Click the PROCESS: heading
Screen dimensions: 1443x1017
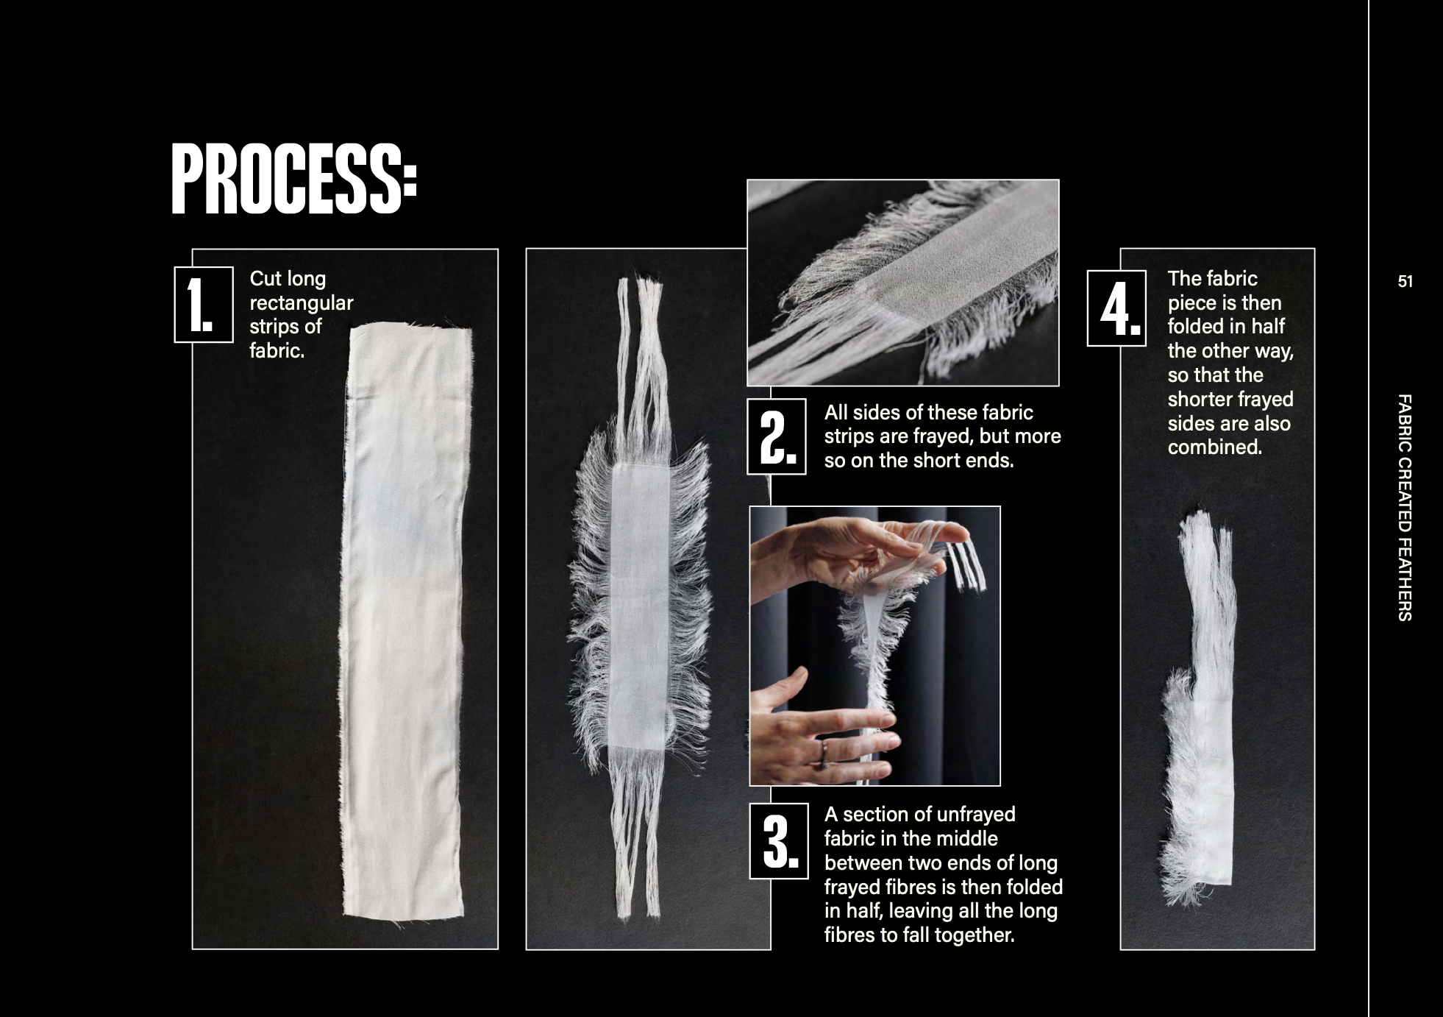(x=294, y=179)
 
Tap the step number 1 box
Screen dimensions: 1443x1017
(x=204, y=305)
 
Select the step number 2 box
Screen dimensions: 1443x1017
(x=777, y=436)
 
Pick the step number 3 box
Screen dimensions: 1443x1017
(x=779, y=841)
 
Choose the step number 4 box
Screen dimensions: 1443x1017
(x=1116, y=308)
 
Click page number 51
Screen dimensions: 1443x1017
(x=1405, y=282)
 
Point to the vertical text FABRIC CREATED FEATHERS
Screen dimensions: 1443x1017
(x=1404, y=508)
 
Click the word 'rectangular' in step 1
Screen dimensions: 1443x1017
(x=302, y=303)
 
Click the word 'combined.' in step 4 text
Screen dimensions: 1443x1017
(x=1215, y=447)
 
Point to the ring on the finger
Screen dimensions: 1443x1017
(x=825, y=752)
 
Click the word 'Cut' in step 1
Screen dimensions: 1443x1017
(x=266, y=279)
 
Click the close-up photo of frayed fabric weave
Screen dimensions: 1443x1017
(x=903, y=283)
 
